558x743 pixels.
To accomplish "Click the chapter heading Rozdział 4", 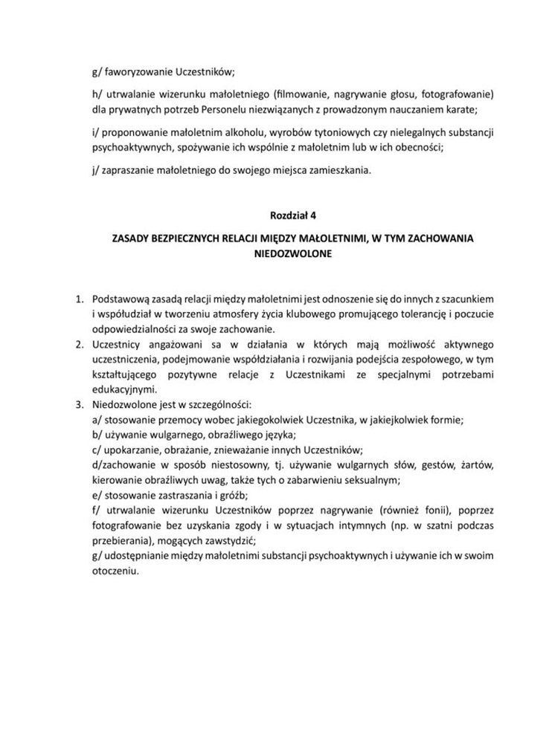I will pyautogui.click(x=293, y=216).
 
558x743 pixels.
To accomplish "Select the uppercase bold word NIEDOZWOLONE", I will pyautogui.click(x=293, y=253).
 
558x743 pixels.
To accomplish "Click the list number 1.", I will pyautogui.click(x=77, y=299).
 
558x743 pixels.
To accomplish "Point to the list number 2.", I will pyautogui.click(x=77, y=345).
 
